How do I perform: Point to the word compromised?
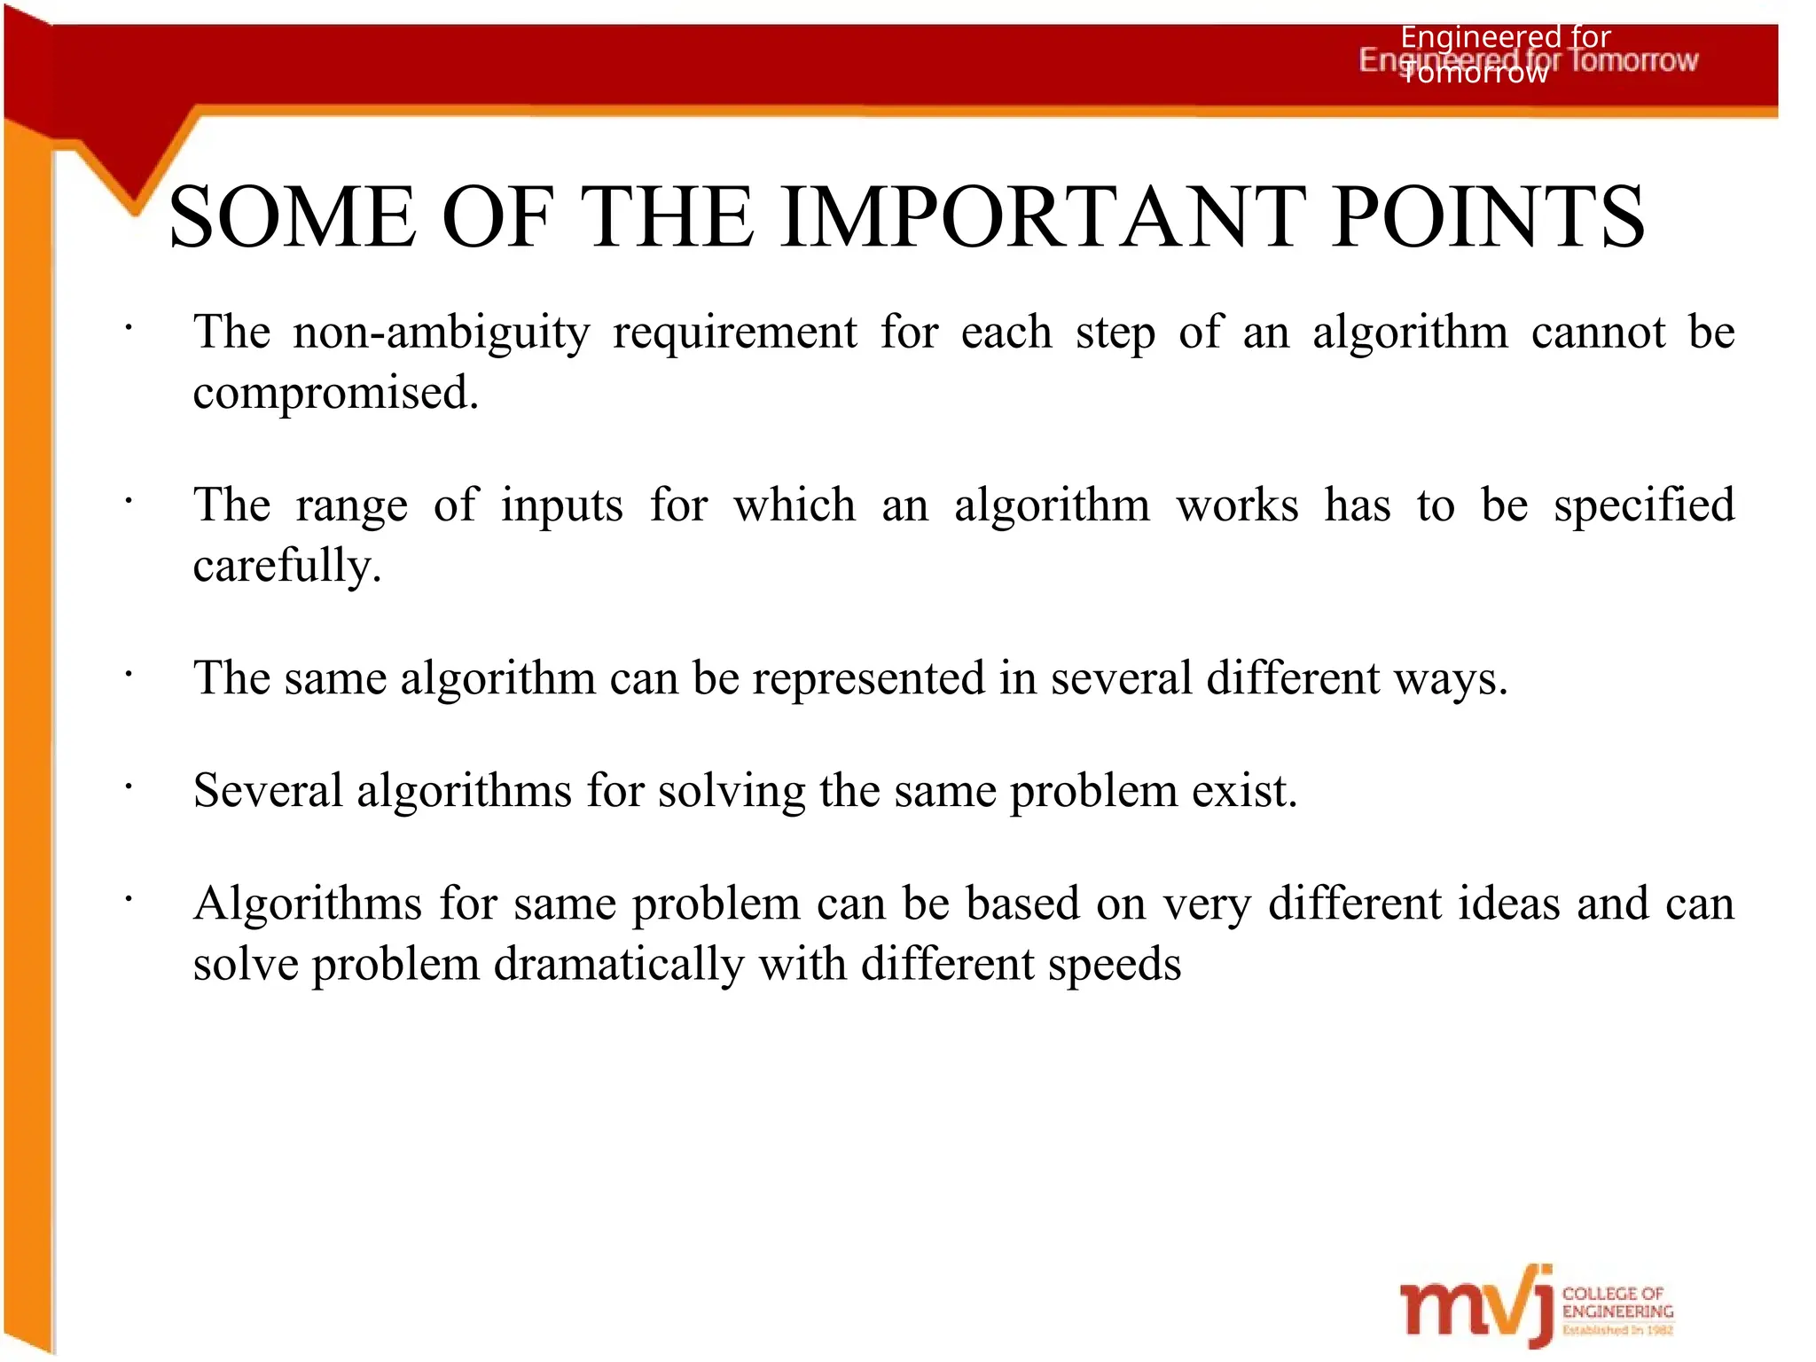pyautogui.click(x=335, y=394)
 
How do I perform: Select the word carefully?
pyautogui.click(x=286, y=567)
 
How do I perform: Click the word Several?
pyautogui.click(x=268, y=791)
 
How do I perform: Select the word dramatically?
pyautogui.click(x=618, y=965)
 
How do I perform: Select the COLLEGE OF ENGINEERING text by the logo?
pyautogui.click(x=1616, y=1303)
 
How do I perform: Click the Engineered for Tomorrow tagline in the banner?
pyautogui.click(x=1527, y=59)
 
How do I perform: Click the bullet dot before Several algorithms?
pyautogui.click(x=129, y=787)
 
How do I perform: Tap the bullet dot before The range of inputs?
pyautogui.click(x=129, y=502)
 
